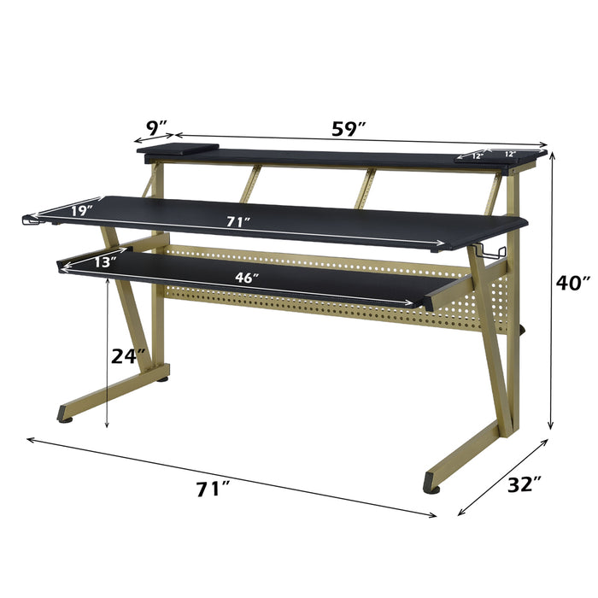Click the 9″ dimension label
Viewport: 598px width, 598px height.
point(155,128)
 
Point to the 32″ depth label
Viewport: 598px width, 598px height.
point(524,485)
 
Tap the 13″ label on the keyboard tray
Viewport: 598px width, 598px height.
point(105,263)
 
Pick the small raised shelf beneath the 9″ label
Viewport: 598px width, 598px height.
point(174,150)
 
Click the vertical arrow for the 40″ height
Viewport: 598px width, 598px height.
point(552,290)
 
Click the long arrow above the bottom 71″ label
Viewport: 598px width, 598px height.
point(231,477)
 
